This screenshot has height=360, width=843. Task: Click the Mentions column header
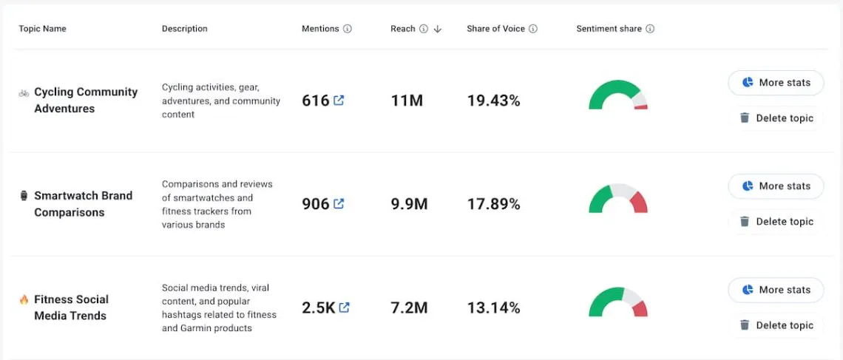pos(320,29)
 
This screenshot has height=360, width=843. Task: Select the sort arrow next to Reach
pos(438,29)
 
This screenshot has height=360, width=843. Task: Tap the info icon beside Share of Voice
pos(533,29)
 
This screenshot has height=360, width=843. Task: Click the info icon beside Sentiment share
pos(650,29)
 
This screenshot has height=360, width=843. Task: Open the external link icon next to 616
pos(339,101)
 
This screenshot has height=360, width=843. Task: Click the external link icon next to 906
pos(339,204)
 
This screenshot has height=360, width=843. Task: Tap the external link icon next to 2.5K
pos(344,308)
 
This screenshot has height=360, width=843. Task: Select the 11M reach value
pos(407,101)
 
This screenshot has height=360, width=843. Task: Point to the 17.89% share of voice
pos(493,204)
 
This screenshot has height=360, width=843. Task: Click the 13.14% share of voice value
pos(493,308)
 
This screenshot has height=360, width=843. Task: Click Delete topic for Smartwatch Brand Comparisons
pos(776,222)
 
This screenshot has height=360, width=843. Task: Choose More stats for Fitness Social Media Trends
pos(776,290)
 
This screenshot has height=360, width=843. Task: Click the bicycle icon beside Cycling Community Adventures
pos(24,93)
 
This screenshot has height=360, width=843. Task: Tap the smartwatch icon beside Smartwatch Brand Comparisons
pos(24,196)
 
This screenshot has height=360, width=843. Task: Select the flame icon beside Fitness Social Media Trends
pos(24,299)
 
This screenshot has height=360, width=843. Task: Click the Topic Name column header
pos(42,29)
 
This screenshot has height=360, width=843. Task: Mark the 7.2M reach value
pos(409,308)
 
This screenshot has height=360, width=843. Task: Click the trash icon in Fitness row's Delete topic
pos(745,325)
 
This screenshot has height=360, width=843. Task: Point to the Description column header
pos(184,29)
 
